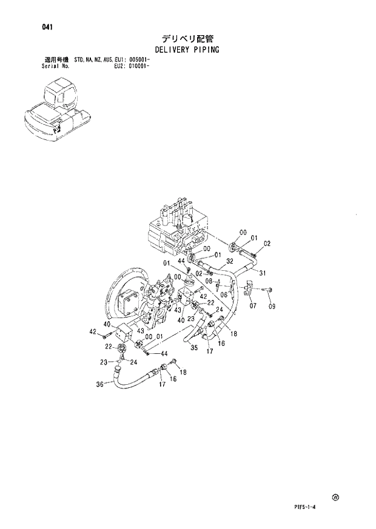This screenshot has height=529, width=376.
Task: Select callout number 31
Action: pyautogui.click(x=263, y=273)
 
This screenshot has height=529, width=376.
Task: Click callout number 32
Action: pyautogui.click(x=230, y=262)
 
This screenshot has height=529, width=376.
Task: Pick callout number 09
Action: pyautogui.click(x=272, y=306)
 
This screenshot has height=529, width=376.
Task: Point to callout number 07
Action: pyautogui.click(x=252, y=305)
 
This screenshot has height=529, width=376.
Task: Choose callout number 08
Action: pyautogui.click(x=208, y=281)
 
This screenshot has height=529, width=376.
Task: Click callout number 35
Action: pyautogui.click(x=194, y=347)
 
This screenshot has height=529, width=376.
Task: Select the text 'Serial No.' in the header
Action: pyautogui.click(x=55, y=66)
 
